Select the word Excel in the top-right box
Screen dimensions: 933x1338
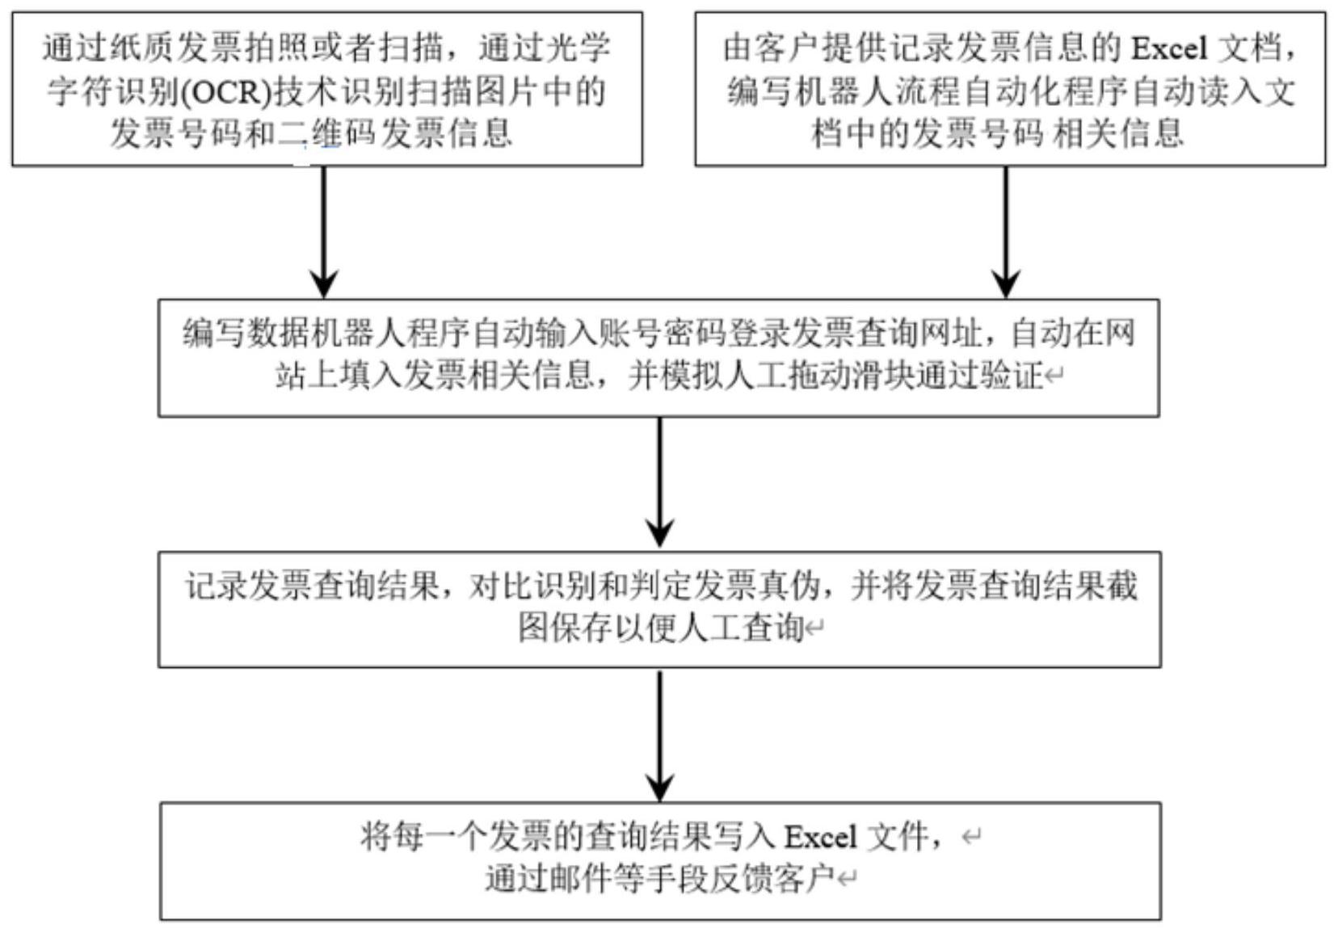tap(1168, 48)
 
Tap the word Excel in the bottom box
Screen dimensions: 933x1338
tap(820, 837)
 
